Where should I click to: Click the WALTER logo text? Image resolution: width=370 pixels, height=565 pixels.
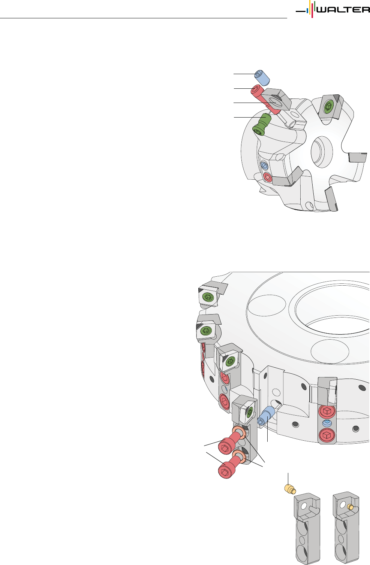pos(343,10)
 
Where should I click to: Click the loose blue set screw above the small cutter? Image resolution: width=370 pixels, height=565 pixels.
pos(262,78)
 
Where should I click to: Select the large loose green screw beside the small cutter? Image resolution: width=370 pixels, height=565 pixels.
pos(262,125)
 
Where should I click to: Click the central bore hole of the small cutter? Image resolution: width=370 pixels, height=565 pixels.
pos(322,152)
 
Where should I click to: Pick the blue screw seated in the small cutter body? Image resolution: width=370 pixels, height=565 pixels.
pos(264,166)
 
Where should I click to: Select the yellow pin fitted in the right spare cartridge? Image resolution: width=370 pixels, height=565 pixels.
pos(350,507)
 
